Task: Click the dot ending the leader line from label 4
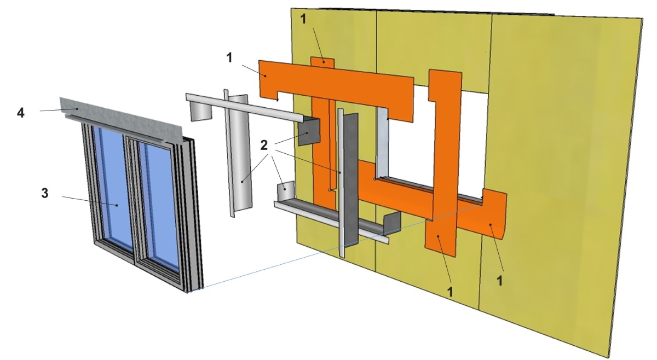pos(77,109)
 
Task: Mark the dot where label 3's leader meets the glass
pos(117,205)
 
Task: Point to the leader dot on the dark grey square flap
pos(307,133)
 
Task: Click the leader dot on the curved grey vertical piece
pos(242,182)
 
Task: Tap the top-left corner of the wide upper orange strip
pos(258,61)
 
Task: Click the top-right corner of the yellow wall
pos(643,19)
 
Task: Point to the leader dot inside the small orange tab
pos(323,62)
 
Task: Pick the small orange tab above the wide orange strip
pos(322,62)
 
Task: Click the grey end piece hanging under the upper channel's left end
pos(201,111)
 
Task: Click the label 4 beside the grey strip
pos(21,113)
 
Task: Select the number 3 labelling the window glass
pos(44,194)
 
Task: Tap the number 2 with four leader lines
pos(264,146)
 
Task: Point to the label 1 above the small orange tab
pos(303,19)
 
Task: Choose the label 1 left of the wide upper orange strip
pos(229,58)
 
